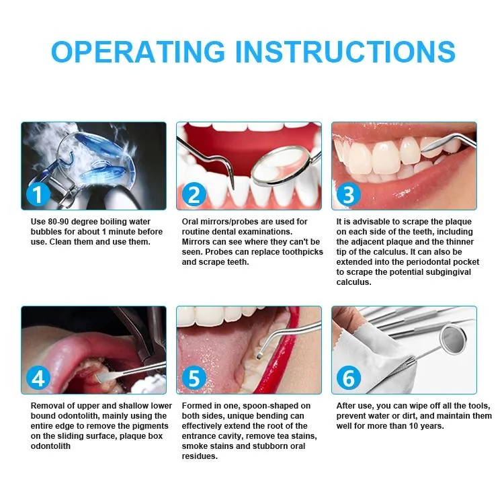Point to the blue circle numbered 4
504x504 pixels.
(38, 378)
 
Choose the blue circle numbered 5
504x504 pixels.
(194, 378)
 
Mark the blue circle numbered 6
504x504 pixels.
(348, 378)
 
